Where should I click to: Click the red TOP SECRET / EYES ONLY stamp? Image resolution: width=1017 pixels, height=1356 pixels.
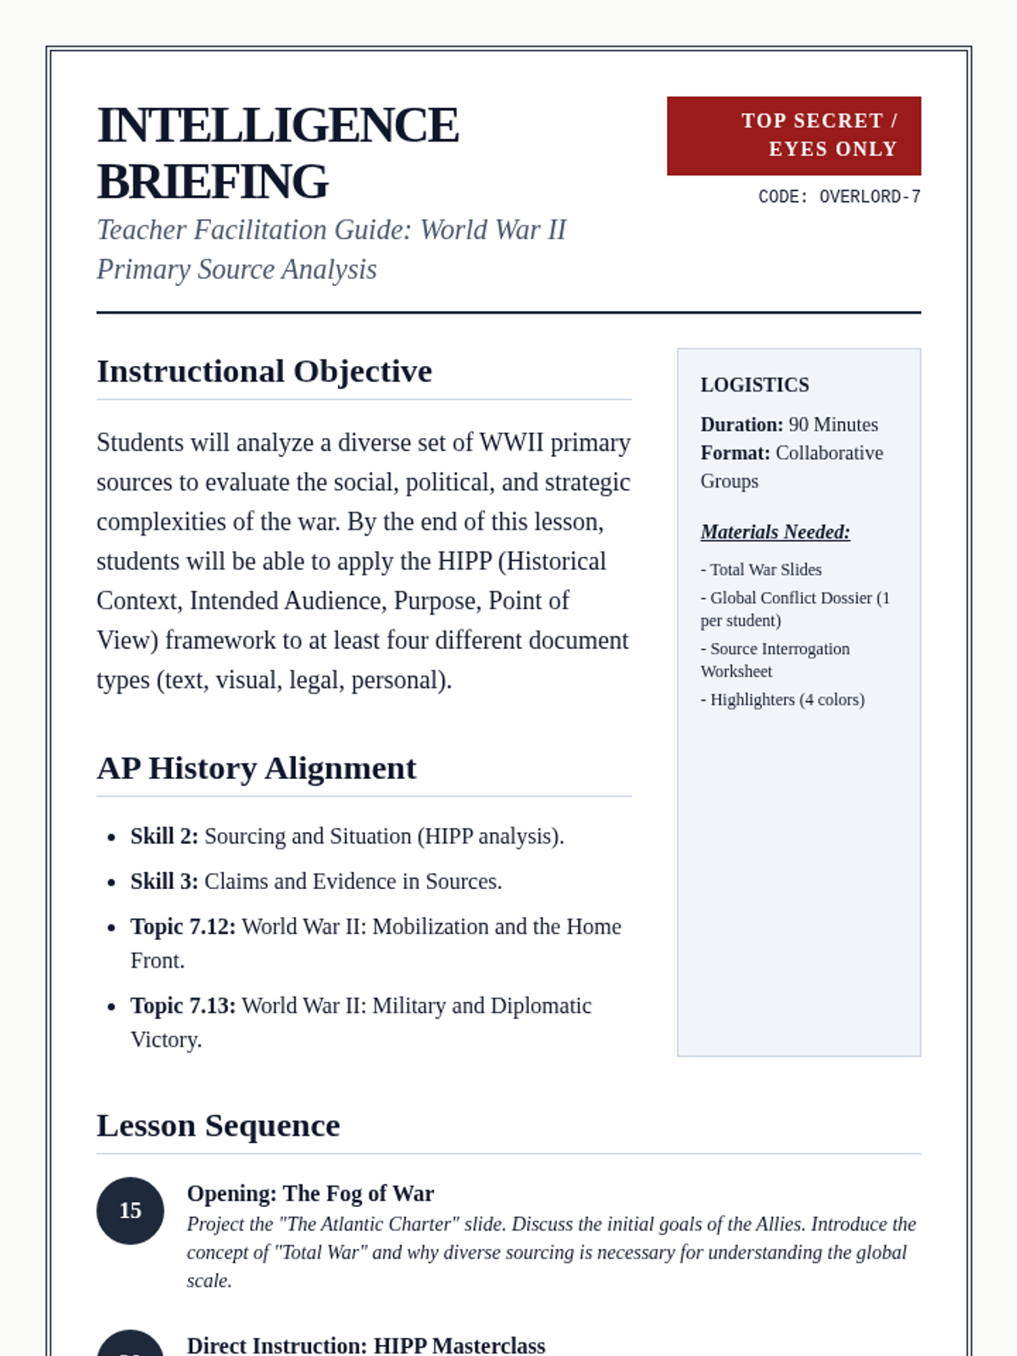793,136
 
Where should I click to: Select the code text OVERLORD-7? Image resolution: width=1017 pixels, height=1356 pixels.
870,197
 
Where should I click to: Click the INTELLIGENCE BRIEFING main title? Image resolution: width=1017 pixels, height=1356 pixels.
278,153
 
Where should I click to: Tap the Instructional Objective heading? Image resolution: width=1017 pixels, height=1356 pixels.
264,371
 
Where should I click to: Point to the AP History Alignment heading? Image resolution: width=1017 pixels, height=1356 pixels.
257,768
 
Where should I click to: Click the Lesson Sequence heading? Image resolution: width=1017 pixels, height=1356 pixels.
219,1125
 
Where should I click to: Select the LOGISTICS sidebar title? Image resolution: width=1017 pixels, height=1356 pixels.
754,385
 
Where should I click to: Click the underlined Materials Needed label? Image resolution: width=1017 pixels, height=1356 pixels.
775,532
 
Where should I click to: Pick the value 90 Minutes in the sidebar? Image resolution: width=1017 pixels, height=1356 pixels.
833,425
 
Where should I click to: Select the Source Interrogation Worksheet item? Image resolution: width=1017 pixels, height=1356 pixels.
775,659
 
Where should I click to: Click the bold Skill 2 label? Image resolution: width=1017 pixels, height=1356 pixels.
164,836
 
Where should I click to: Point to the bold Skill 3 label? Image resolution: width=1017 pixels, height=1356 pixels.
164,881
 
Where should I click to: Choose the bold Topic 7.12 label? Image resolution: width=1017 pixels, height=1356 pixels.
183,926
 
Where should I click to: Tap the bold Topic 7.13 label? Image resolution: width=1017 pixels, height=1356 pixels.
183,1005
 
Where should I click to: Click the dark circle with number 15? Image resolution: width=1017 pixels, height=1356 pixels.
131,1210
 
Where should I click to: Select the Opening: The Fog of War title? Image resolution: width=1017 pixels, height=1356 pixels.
310,1193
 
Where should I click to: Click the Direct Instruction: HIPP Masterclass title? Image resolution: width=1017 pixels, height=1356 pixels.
366,1345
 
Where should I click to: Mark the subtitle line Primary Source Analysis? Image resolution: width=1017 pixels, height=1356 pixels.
236,270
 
